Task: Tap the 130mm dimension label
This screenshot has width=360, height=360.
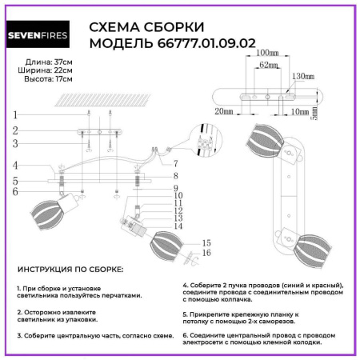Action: pos(304,76)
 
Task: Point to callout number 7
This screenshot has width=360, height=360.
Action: pos(174,163)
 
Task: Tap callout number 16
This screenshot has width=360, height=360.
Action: pos(206,253)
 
